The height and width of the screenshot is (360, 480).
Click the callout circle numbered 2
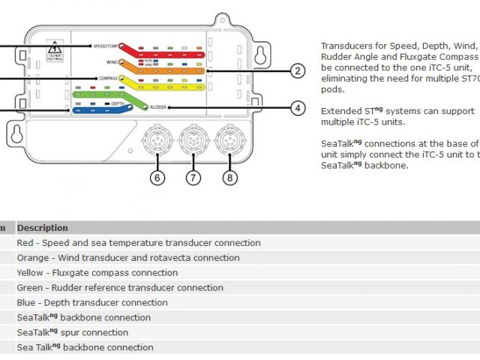point(298,71)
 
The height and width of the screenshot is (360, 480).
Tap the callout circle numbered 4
point(298,108)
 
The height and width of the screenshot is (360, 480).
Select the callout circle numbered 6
point(157,178)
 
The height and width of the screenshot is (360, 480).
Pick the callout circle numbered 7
point(194,178)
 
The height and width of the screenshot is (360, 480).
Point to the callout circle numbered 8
point(229,178)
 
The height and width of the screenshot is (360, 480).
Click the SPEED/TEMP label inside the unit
point(106,46)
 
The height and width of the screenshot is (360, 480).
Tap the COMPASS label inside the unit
point(109,78)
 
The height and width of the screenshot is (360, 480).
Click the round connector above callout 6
point(157,139)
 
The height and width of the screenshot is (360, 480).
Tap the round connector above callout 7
point(193,139)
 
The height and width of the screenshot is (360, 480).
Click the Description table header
point(43,228)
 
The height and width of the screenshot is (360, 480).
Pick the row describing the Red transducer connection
point(139,243)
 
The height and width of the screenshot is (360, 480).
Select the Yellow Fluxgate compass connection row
point(97,273)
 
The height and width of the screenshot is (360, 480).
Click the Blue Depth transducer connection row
point(92,303)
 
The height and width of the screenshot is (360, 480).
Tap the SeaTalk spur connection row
point(73,332)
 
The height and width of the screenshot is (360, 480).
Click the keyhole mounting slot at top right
point(259,55)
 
